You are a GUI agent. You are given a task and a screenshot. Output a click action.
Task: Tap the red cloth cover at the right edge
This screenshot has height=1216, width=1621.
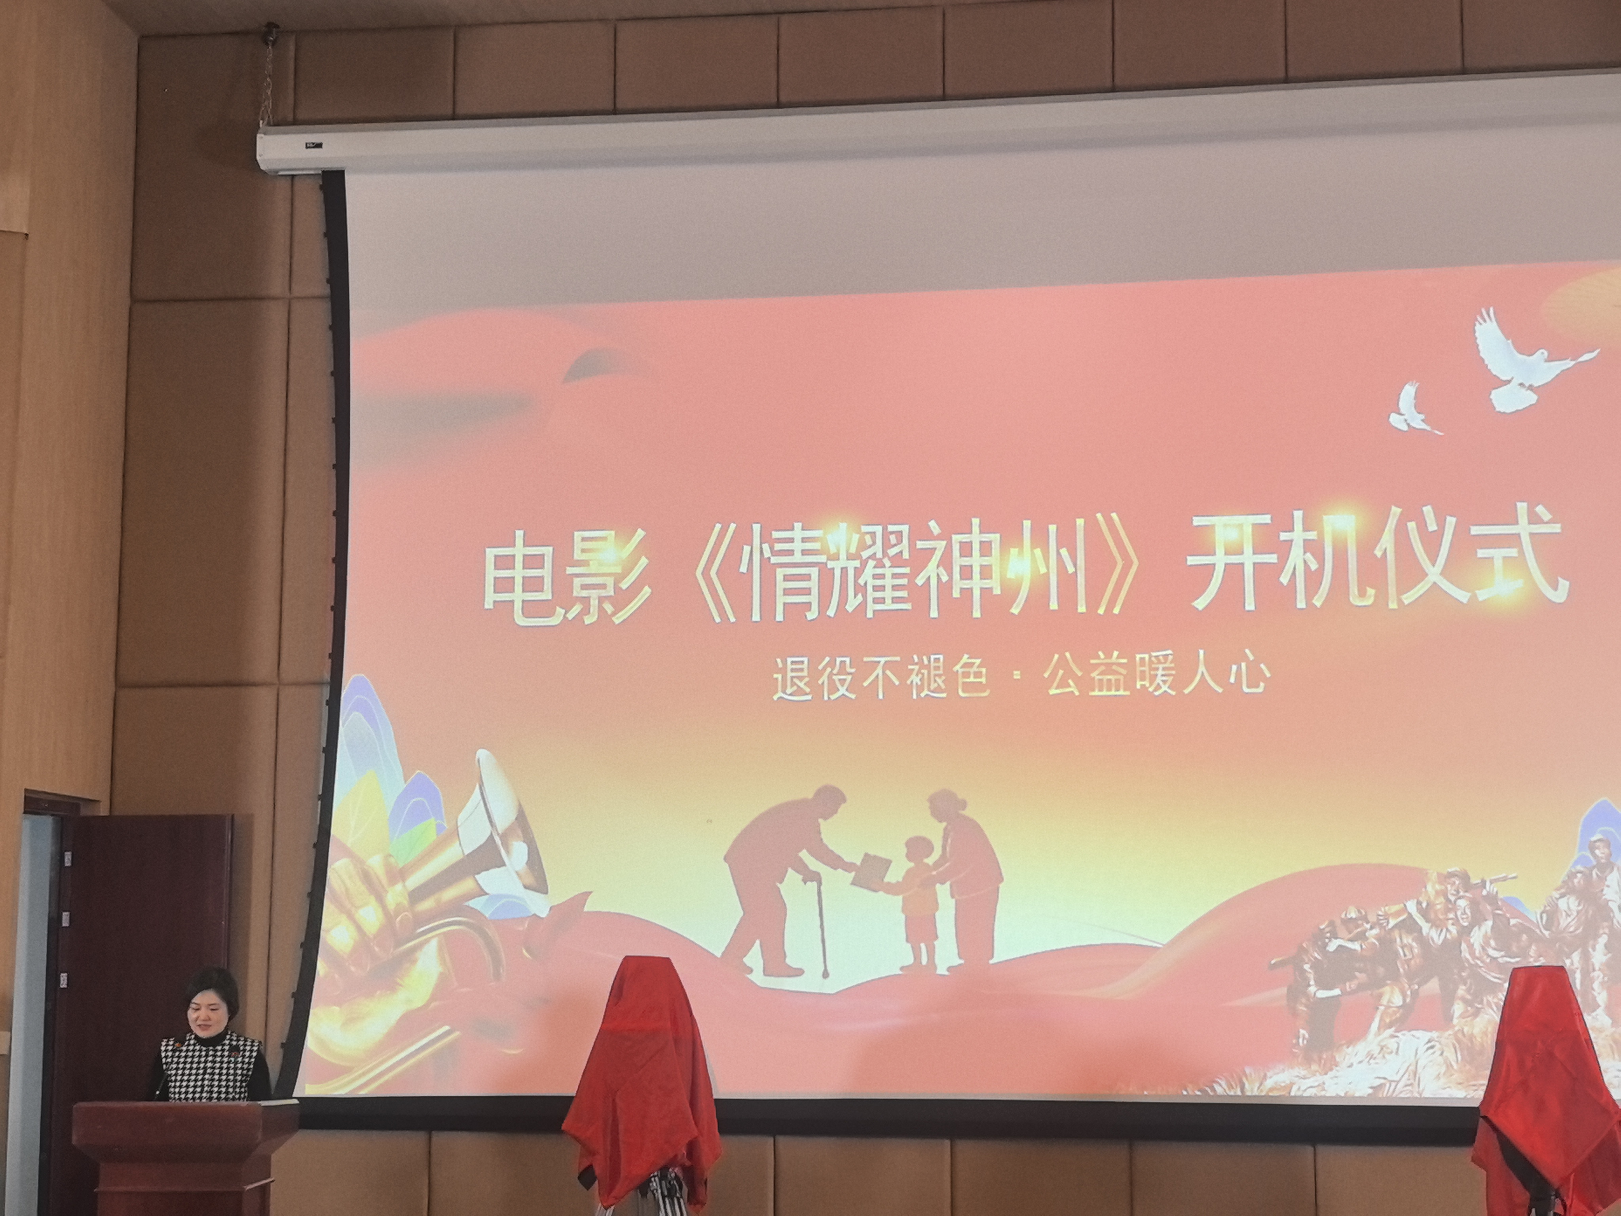(x=1546, y=1092)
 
